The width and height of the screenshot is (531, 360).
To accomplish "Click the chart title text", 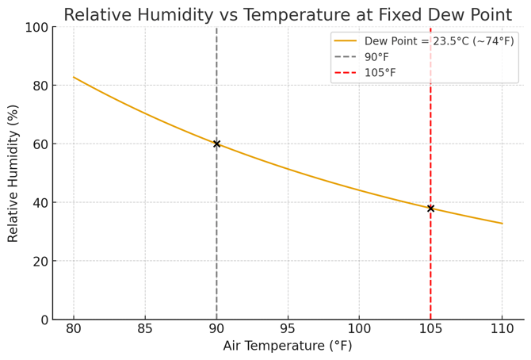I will click(288, 14).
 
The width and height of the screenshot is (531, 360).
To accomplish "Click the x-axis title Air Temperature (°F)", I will click(288, 346).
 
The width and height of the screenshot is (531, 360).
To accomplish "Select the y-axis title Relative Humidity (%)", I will click(13, 173).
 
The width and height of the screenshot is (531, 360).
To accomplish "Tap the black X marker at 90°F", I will click(216, 144).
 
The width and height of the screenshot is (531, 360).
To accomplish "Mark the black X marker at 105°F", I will click(430, 209).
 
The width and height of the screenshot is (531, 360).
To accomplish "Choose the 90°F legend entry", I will click(376, 57).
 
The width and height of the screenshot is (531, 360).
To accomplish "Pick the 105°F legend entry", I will click(380, 73).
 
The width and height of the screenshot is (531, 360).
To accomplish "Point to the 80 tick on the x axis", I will click(74, 328).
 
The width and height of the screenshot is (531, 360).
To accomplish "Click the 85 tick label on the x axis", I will click(145, 328).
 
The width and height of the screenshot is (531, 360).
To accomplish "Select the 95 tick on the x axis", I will click(288, 328).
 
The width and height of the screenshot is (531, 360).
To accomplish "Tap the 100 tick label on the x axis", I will click(359, 328).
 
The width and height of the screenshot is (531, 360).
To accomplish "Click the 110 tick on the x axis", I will click(502, 328).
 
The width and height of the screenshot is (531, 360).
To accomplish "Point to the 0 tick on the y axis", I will click(44, 320).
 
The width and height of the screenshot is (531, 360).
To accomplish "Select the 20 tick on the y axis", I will click(40, 261).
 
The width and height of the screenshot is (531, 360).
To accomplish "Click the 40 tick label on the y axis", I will click(40, 202).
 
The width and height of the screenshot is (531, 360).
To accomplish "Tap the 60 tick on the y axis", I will click(40, 144).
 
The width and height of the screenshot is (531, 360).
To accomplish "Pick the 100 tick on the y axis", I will click(36, 27).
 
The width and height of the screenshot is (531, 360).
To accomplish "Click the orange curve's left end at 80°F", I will click(74, 77).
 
